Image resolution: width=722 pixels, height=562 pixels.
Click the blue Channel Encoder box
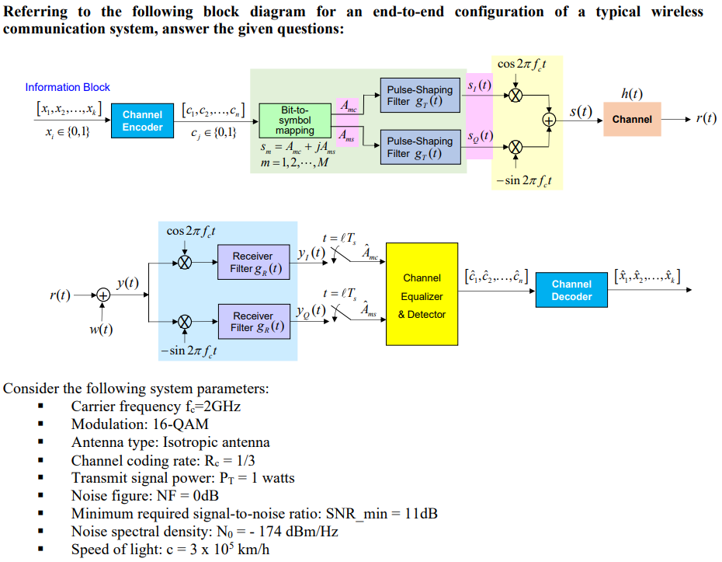click(x=143, y=120)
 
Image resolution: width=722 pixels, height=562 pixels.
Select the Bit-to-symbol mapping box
click(x=294, y=120)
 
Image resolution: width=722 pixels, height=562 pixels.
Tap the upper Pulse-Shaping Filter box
click(x=419, y=96)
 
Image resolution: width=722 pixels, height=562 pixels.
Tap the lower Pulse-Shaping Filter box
click(x=419, y=147)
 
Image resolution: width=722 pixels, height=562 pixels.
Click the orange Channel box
click(x=632, y=119)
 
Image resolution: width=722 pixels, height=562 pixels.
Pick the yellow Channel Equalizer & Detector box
click(x=422, y=295)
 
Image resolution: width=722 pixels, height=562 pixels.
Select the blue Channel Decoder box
click(x=571, y=291)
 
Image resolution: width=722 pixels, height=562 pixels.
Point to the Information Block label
click(x=68, y=87)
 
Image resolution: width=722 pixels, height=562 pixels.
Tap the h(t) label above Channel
click(x=632, y=94)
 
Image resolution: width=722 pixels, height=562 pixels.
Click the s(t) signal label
click(x=581, y=111)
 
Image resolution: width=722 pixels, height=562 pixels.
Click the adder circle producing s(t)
click(x=549, y=120)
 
